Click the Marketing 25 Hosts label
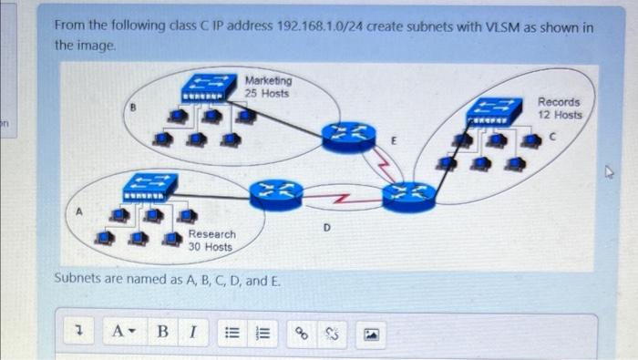(x=267, y=87)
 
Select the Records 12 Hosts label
(x=559, y=108)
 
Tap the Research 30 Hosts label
(x=211, y=241)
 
